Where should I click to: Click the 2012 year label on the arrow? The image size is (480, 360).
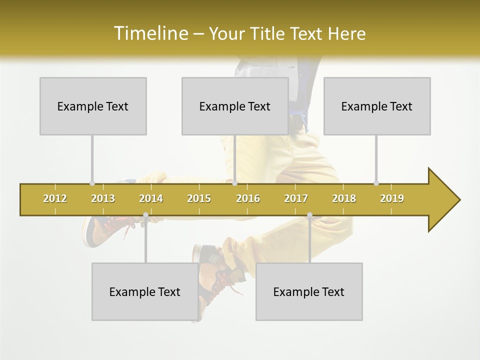[55, 199]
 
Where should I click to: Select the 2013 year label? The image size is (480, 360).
[103, 199]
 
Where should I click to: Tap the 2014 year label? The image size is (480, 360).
[151, 199]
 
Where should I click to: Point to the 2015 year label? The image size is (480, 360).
[199, 199]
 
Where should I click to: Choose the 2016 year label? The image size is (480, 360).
[248, 199]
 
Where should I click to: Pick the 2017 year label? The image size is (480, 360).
[296, 199]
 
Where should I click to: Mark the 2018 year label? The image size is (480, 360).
[344, 199]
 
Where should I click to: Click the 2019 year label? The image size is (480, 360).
[392, 199]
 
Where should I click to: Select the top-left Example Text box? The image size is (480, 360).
[93, 106]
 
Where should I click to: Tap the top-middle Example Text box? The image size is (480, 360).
[235, 106]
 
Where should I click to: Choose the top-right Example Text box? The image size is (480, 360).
[377, 106]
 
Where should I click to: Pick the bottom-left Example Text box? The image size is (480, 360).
[145, 291]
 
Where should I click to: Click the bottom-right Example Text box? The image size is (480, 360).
[309, 291]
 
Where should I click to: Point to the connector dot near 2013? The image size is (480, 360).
[92, 183]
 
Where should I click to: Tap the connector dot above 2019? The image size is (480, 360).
[376, 183]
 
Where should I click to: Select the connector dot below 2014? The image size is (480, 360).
[145, 215]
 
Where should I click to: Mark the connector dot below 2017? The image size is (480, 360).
[309, 215]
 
